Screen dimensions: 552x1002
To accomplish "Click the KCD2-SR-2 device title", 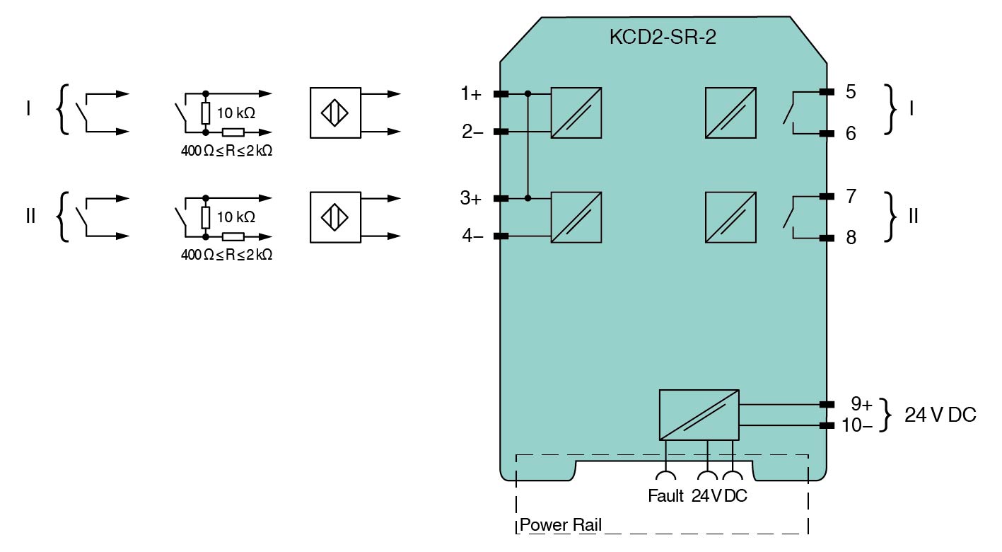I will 663,38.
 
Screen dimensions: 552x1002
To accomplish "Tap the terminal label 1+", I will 471,93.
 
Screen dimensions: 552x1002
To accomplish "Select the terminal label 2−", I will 472,132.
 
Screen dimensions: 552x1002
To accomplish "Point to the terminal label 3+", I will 471,198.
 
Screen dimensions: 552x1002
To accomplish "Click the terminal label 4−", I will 472,236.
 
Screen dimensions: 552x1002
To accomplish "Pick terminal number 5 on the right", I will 851,92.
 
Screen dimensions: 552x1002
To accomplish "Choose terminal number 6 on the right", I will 851,133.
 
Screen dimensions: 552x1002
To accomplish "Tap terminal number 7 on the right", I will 851,196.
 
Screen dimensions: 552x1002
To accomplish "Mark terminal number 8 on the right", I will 851,238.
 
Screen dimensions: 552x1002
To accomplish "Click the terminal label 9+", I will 861,404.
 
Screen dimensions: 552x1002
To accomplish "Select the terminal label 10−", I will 858,425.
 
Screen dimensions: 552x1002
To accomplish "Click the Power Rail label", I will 561,525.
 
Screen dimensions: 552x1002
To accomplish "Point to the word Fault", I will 665,496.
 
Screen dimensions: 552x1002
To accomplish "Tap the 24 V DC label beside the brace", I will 940,415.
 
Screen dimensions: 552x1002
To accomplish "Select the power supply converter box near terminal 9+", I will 699,415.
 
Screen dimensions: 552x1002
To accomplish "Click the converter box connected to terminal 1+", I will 576,113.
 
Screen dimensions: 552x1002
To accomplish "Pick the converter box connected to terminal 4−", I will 576,217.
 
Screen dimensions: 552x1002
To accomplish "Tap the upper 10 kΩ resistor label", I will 236,113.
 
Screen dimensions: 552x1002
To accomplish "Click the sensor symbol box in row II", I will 335,217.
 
